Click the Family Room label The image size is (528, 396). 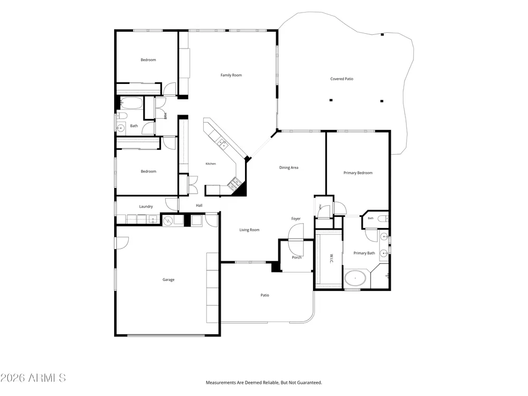click(x=231, y=75)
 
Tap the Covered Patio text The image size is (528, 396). click(x=342, y=79)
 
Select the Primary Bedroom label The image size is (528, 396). click(x=357, y=173)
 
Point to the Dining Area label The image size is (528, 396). click(x=289, y=167)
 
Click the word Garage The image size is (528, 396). click(x=168, y=279)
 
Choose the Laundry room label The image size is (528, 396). click(x=146, y=206)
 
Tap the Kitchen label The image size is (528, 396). click(x=211, y=164)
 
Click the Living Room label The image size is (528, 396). click(x=249, y=230)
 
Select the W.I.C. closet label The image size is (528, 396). click(x=332, y=258)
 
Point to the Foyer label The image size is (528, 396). click(x=296, y=219)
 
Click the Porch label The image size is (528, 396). click(x=297, y=257)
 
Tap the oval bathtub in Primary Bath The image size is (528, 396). click(x=355, y=278)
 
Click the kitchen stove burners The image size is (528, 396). click(x=234, y=184)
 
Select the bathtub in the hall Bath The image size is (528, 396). click(x=131, y=103)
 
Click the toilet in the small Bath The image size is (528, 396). click(x=383, y=219)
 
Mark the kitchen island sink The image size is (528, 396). click(x=222, y=143)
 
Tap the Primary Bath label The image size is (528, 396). click(x=364, y=253)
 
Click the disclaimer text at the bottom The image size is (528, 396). click(x=263, y=382)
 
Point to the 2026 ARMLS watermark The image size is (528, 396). click(x=33, y=378)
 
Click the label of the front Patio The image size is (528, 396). click(x=265, y=295)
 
